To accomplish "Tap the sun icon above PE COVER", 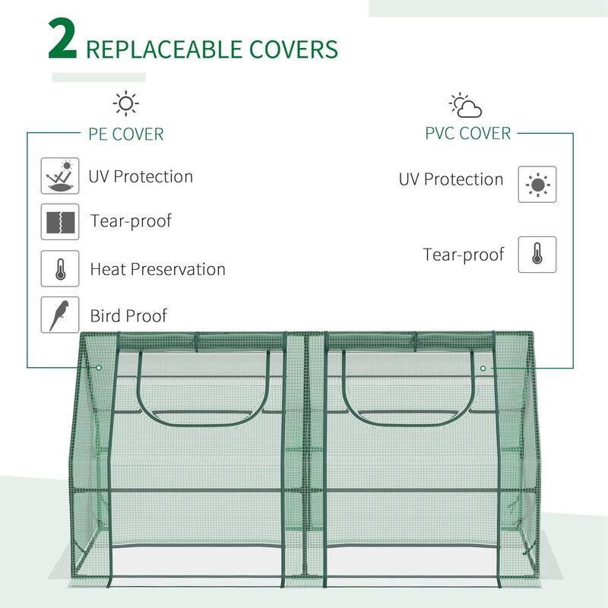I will [x=125, y=103].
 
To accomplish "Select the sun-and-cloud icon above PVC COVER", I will [x=465, y=106].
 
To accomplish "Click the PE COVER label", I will [x=126, y=135].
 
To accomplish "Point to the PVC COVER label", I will [x=467, y=133].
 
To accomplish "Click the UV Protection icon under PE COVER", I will [x=60, y=176].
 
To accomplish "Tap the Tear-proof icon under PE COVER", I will [x=60, y=221].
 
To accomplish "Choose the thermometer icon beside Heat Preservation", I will [x=60, y=268].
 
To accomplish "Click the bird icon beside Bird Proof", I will [x=60, y=315].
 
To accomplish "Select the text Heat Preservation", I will [x=157, y=269].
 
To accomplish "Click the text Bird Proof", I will [x=128, y=315].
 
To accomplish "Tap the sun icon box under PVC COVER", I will [x=537, y=184].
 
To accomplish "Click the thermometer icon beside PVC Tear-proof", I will [x=537, y=255].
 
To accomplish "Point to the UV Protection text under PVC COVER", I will [x=451, y=180].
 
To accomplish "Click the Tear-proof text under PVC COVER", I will [x=464, y=255].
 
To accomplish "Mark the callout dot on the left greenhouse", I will [x=99, y=368].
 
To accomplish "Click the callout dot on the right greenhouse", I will [x=483, y=369].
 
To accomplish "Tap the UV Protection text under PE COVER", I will [x=141, y=176].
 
